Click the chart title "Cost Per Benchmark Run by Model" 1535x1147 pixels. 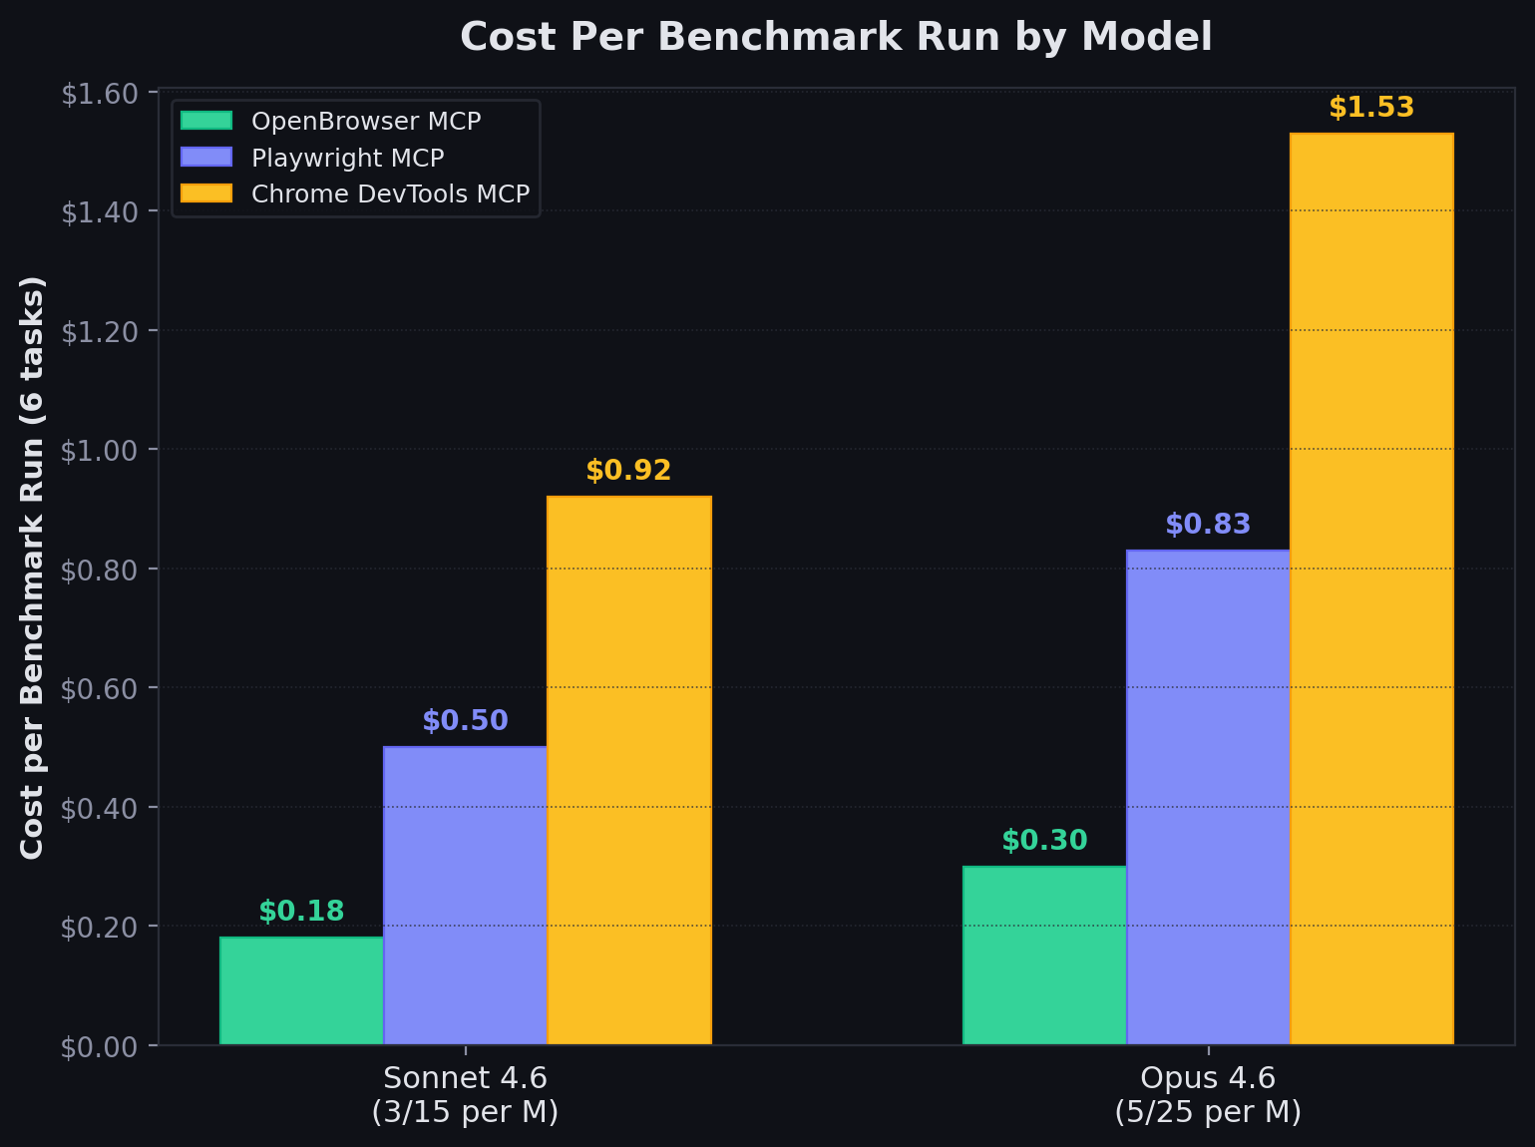tap(836, 38)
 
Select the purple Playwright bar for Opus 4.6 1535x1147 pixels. tap(1208, 797)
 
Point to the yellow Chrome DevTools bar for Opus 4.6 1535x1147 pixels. tap(1371, 588)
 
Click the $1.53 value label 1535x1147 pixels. tap(1371, 108)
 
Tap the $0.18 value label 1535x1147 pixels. tap(301, 912)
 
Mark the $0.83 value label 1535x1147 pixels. tap(1208, 525)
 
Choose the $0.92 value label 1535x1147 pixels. tap(628, 471)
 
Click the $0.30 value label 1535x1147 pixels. tap(1044, 841)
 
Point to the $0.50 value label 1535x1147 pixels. tap(465, 721)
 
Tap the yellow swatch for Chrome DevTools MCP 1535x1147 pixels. tap(206, 193)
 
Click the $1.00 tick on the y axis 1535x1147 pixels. tap(99, 450)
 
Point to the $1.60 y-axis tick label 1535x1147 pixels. tap(99, 94)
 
